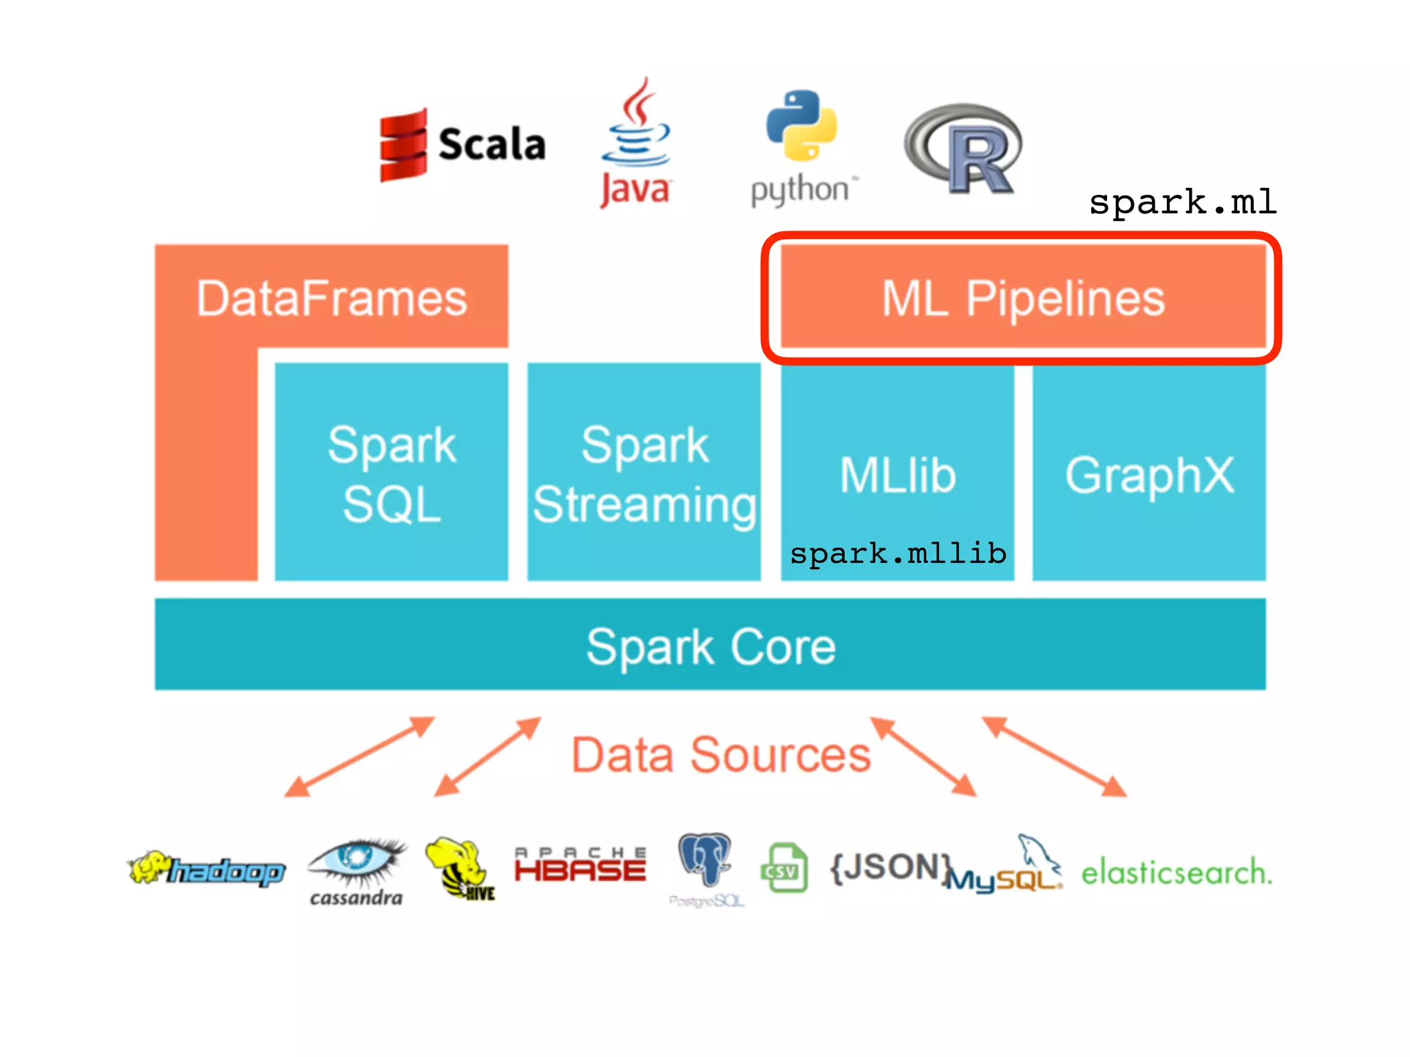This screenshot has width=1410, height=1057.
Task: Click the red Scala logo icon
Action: [x=403, y=145]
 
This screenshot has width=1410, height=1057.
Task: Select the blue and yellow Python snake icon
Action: [x=801, y=125]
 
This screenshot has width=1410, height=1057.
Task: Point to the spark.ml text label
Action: [x=1182, y=202]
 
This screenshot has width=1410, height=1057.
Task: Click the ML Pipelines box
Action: [x=1023, y=298]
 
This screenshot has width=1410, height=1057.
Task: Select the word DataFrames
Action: [x=332, y=298]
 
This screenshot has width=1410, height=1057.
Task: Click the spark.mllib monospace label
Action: [x=898, y=553]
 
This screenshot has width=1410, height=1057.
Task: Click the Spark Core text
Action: [x=711, y=646]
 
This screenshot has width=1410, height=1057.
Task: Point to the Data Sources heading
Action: [x=721, y=755]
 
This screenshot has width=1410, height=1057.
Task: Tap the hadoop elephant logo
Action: [x=207, y=870]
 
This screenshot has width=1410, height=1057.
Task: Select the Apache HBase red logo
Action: [x=580, y=866]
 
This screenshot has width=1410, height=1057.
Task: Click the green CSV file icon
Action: [x=784, y=868]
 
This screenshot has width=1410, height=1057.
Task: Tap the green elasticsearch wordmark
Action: [x=1176, y=873]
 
